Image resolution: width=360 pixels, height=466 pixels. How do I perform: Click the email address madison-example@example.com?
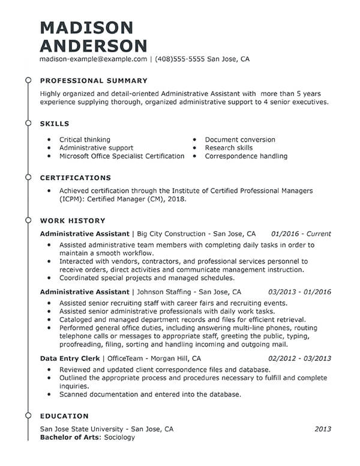pos(93,60)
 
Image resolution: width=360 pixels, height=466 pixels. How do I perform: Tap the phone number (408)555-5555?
pos(180,60)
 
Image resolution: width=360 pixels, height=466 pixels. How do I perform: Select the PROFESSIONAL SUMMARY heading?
pos(93,80)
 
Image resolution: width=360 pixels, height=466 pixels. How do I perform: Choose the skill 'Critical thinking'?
pos(85,140)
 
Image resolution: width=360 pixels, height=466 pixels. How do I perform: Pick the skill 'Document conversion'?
pos(232,140)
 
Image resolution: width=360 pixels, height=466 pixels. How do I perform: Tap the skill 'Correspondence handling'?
pos(246,156)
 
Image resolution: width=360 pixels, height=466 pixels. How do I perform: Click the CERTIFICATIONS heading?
pos(75,178)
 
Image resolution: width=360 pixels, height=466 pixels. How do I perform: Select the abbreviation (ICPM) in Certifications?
pos(71,199)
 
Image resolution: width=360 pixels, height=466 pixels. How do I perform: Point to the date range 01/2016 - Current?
pos(301,234)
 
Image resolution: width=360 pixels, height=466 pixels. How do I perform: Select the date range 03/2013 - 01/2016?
pos(299,292)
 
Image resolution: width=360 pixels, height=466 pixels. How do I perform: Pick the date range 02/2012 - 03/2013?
pos(299,359)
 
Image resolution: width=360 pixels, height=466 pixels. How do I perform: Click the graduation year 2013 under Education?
pos(323,429)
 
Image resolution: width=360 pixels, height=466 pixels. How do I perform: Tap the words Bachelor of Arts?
pos(70,438)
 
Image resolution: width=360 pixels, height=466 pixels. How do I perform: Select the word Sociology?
pos(119,438)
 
